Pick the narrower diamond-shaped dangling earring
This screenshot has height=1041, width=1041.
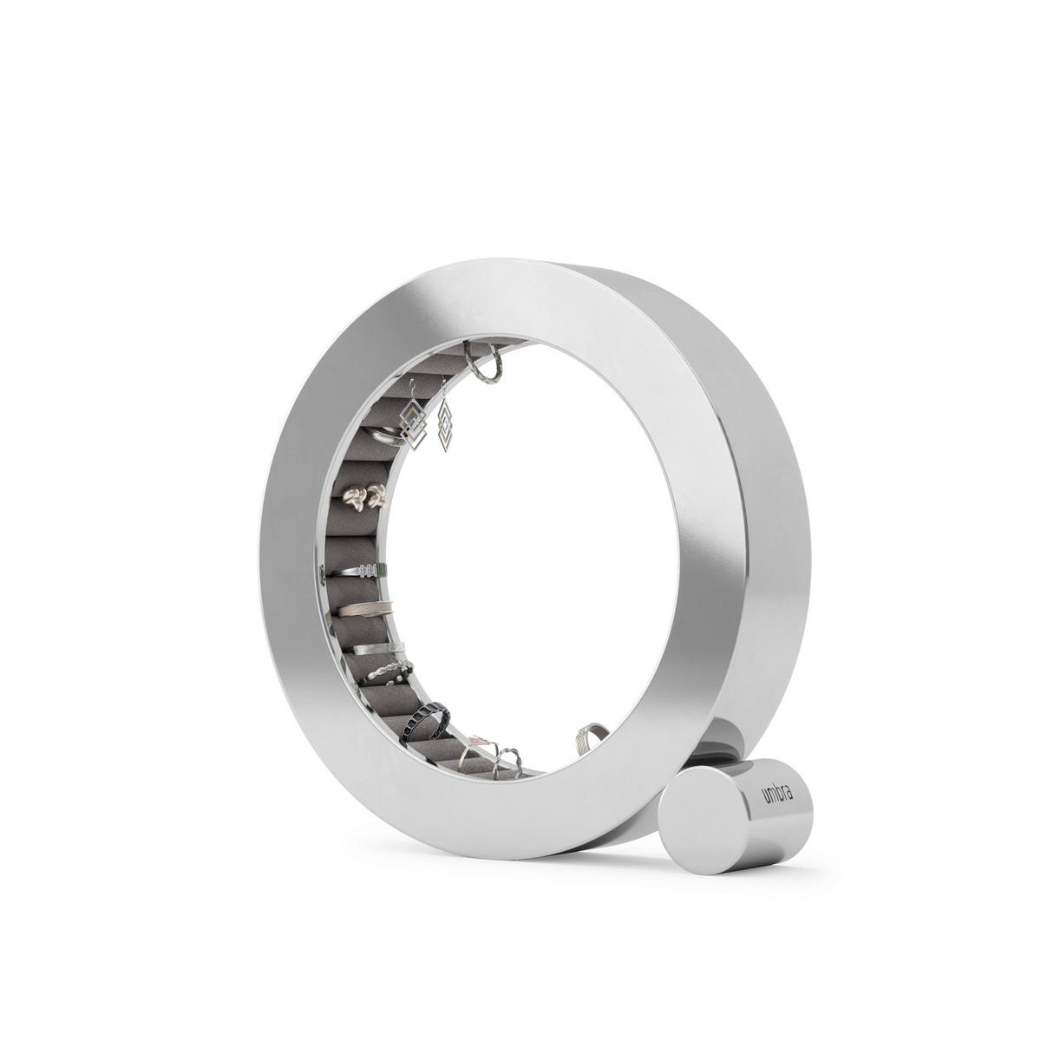click(446, 424)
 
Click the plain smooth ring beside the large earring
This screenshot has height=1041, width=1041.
click(379, 433)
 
